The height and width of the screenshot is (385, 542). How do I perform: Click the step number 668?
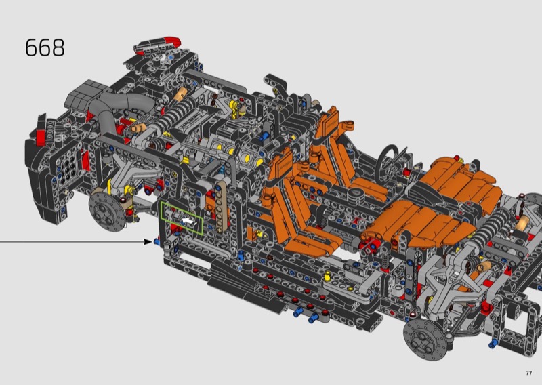45,47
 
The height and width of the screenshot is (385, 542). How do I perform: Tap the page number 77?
528,373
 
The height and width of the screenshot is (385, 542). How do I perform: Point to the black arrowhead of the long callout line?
148,241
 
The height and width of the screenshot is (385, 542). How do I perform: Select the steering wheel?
390,160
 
